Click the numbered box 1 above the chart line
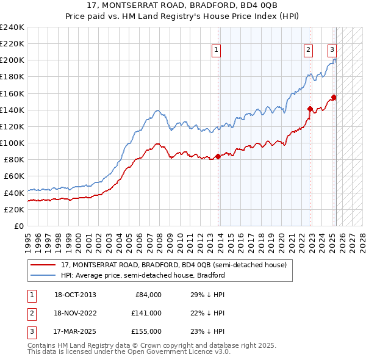pyautogui.click(x=217, y=51)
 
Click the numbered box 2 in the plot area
pyautogui.click(x=309, y=51)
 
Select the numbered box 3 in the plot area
pyautogui.click(x=332, y=51)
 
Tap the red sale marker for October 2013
pyautogui.click(x=218, y=157)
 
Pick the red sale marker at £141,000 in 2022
pyautogui.click(x=310, y=110)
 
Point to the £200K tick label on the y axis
pyautogui.click(x=12, y=60)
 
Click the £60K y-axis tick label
pyautogui.click(x=14, y=176)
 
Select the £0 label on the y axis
pyautogui.click(x=18, y=226)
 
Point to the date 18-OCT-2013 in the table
pyautogui.click(x=75, y=295)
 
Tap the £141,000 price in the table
pyautogui.click(x=146, y=313)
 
